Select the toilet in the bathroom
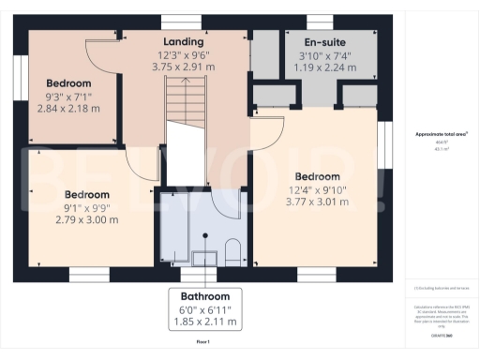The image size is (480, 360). coord(233,249)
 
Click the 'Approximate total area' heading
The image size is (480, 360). coord(441,135)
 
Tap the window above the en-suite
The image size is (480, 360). coord(319,22)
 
